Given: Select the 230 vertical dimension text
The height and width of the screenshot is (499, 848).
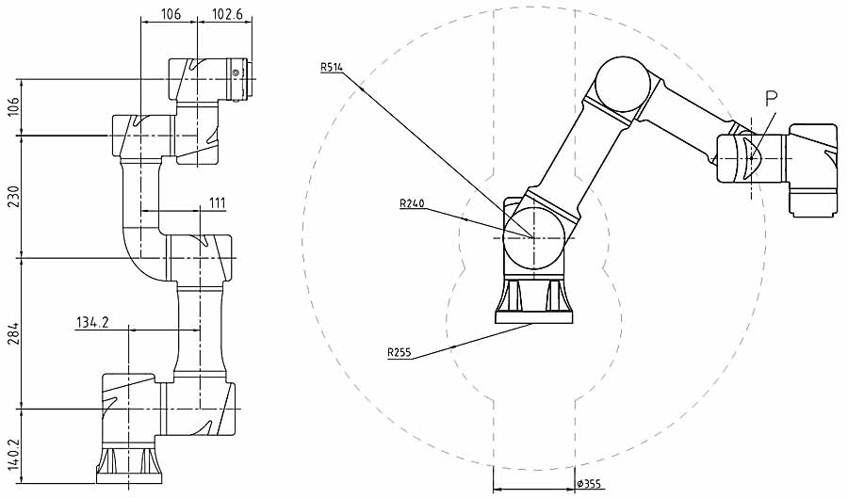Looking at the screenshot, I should [12, 195].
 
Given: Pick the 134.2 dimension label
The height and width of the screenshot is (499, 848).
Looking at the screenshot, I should [92, 323].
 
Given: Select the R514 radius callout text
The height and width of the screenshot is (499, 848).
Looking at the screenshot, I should [331, 67].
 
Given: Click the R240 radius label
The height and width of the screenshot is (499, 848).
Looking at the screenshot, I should [411, 202].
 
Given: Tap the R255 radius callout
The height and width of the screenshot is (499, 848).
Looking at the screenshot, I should [400, 352].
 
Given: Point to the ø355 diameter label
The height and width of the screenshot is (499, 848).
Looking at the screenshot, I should [589, 484].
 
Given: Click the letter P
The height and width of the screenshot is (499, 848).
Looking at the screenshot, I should [771, 97].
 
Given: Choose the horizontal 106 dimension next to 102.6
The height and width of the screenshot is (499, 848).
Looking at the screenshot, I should [171, 13].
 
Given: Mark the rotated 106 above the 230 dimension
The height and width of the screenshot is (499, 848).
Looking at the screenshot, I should [12, 106].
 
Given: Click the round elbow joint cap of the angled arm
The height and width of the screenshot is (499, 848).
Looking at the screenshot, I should [624, 83].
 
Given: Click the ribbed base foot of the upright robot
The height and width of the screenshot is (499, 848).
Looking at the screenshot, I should [133, 462].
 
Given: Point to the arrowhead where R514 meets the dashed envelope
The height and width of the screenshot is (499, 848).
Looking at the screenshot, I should [362, 89].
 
